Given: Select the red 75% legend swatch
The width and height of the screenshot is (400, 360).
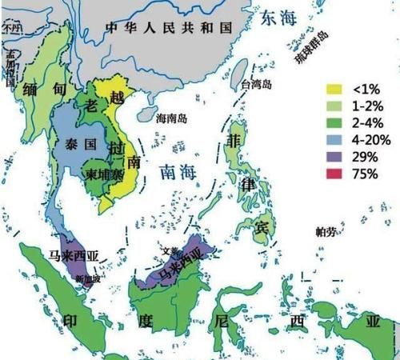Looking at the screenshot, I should [337, 174].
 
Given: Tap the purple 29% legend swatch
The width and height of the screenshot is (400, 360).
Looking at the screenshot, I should [337, 157].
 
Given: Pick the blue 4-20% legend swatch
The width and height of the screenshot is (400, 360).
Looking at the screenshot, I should [337, 140].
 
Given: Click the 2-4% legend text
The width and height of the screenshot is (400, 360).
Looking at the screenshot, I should [366, 123].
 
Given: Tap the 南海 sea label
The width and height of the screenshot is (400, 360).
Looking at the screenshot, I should [178, 171].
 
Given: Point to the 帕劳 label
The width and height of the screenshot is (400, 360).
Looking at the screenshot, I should [326, 232].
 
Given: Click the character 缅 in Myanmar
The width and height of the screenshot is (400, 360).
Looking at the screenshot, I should [34, 88].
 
